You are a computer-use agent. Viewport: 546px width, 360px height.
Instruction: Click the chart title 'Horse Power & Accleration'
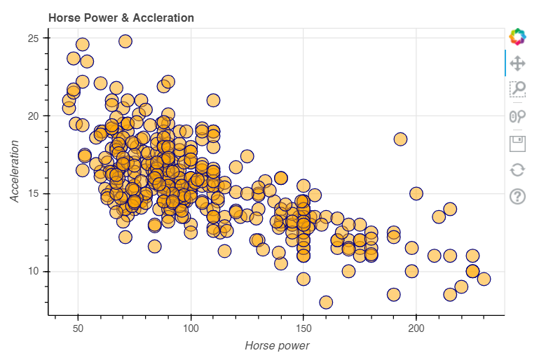coord(121,18)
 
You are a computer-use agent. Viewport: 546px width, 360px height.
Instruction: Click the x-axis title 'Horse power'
coord(277,345)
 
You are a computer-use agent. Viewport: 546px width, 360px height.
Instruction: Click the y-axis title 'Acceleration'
coord(15,171)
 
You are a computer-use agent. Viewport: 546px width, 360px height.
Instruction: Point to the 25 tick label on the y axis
coord(34,38)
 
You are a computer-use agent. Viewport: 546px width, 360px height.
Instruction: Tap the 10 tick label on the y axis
coord(34,272)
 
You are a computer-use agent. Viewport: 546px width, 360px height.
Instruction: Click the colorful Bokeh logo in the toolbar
coord(517,36)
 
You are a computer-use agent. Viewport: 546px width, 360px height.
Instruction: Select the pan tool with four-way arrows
coord(517,63)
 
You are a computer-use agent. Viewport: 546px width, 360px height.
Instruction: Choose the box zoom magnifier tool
coord(517,89)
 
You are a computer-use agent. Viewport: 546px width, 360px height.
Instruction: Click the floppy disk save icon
coord(517,144)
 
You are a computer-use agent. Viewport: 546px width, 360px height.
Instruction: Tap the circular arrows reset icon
coord(517,169)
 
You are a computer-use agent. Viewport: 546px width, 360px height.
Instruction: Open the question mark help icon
coord(517,196)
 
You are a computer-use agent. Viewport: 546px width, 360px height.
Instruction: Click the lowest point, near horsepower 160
coord(326,303)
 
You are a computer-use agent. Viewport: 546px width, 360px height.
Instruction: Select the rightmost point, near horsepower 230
coord(484,279)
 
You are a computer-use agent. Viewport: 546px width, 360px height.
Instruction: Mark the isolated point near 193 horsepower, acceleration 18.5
coord(400,139)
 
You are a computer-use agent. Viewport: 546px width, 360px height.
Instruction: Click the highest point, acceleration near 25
coord(125,41)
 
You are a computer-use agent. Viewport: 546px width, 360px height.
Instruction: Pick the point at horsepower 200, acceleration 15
coord(416,193)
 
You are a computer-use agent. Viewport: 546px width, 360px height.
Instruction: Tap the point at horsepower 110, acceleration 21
coord(213,100)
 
